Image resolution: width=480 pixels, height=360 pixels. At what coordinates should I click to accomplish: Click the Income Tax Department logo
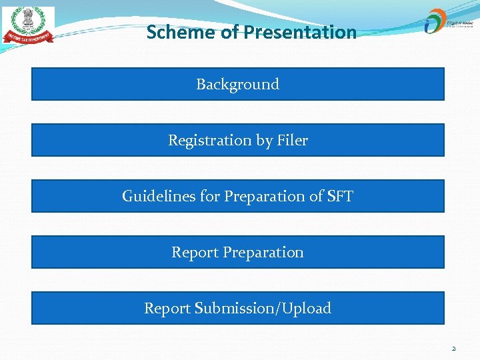click(x=28, y=26)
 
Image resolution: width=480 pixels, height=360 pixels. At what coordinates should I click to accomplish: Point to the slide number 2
click(x=453, y=348)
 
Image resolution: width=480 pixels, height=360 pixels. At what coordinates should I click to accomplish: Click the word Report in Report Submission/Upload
click(x=167, y=308)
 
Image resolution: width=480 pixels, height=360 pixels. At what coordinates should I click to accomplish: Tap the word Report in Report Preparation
click(x=195, y=252)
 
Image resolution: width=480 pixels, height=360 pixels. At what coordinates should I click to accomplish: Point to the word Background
click(x=237, y=84)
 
